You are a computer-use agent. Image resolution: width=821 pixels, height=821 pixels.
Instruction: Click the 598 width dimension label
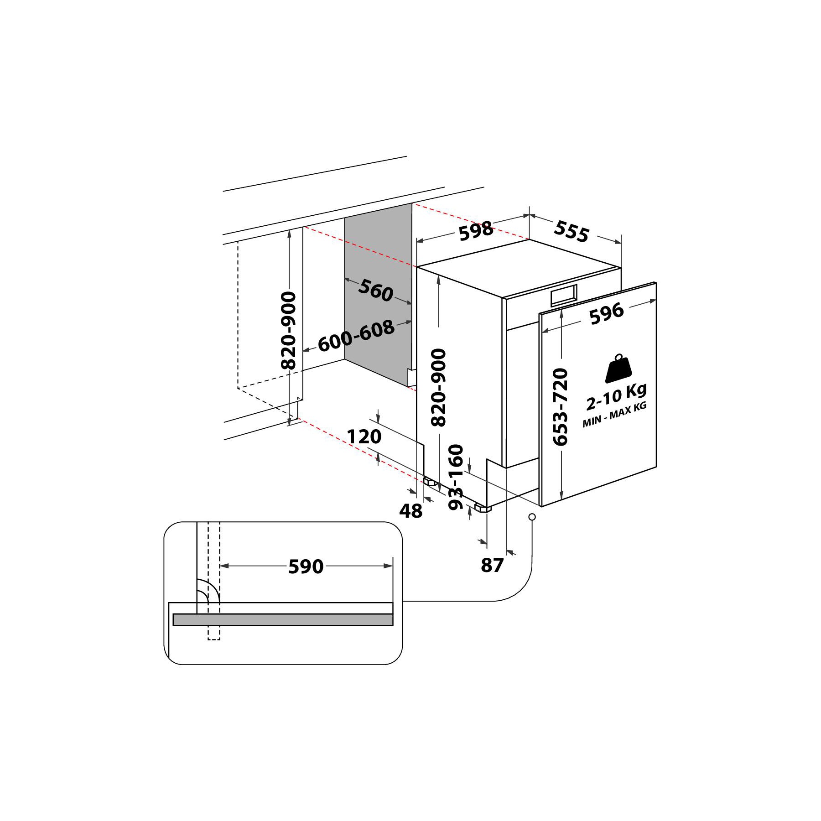476,231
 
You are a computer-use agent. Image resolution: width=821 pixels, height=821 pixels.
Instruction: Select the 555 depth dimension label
572,231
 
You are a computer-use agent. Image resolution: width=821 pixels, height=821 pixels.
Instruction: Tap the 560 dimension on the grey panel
376,291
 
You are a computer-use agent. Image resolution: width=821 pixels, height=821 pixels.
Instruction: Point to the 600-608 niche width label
356,336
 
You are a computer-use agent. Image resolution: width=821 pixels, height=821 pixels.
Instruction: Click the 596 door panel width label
607,314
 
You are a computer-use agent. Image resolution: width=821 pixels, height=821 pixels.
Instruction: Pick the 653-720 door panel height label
560,407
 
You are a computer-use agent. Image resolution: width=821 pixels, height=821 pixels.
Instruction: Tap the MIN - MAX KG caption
614,416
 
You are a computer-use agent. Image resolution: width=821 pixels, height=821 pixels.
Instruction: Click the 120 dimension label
364,437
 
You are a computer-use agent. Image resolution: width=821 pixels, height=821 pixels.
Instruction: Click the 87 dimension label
492,566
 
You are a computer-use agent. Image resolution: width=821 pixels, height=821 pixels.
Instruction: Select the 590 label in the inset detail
306,566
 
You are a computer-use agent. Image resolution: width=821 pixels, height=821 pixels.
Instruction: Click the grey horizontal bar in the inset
283,619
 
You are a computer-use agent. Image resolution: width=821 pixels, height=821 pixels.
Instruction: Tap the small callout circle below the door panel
532,517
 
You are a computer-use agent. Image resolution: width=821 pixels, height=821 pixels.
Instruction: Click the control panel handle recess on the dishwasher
564,295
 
